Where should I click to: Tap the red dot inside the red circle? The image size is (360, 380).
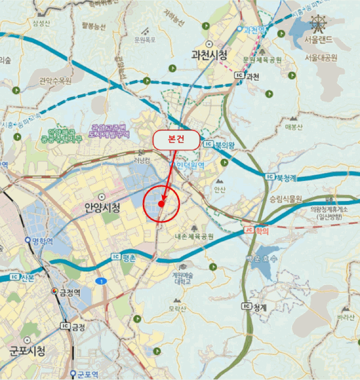click(161, 203)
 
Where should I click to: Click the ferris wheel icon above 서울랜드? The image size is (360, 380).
click(318, 24)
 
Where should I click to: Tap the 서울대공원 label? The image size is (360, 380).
click(321, 57)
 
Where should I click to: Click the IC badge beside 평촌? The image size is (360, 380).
click(115, 257)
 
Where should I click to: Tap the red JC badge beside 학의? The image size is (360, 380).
click(249, 230)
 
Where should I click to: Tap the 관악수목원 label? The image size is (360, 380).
click(56, 81)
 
